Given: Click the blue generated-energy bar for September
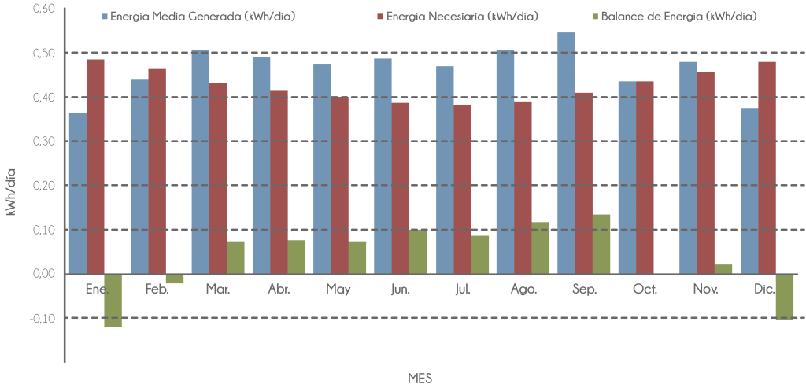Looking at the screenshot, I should pyautogui.click(x=566, y=153).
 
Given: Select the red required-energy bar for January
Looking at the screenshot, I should pyautogui.click(x=96, y=166).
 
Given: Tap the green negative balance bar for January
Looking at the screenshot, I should pyautogui.click(x=113, y=301).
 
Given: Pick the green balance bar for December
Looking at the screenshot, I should pyautogui.click(x=784, y=297).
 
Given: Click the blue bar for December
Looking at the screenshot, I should pyautogui.click(x=749, y=190).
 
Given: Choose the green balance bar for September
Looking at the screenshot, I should pyautogui.click(x=601, y=244).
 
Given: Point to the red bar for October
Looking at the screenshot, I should pyautogui.click(x=645, y=177).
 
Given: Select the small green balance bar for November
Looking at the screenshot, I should pyautogui.click(x=723, y=269).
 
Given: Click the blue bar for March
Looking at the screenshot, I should pyautogui.click(x=200, y=161).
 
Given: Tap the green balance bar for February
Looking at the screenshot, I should pyautogui.click(x=175, y=279).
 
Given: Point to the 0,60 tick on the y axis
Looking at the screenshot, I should pyautogui.click(x=45, y=9).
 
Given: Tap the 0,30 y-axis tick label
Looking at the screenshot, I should pyautogui.click(x=45, y=141).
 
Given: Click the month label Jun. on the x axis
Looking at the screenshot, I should pyautogui.click(x=400, y=290).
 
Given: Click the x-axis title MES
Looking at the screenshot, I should pyautogui.click(x=420, y=378).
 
